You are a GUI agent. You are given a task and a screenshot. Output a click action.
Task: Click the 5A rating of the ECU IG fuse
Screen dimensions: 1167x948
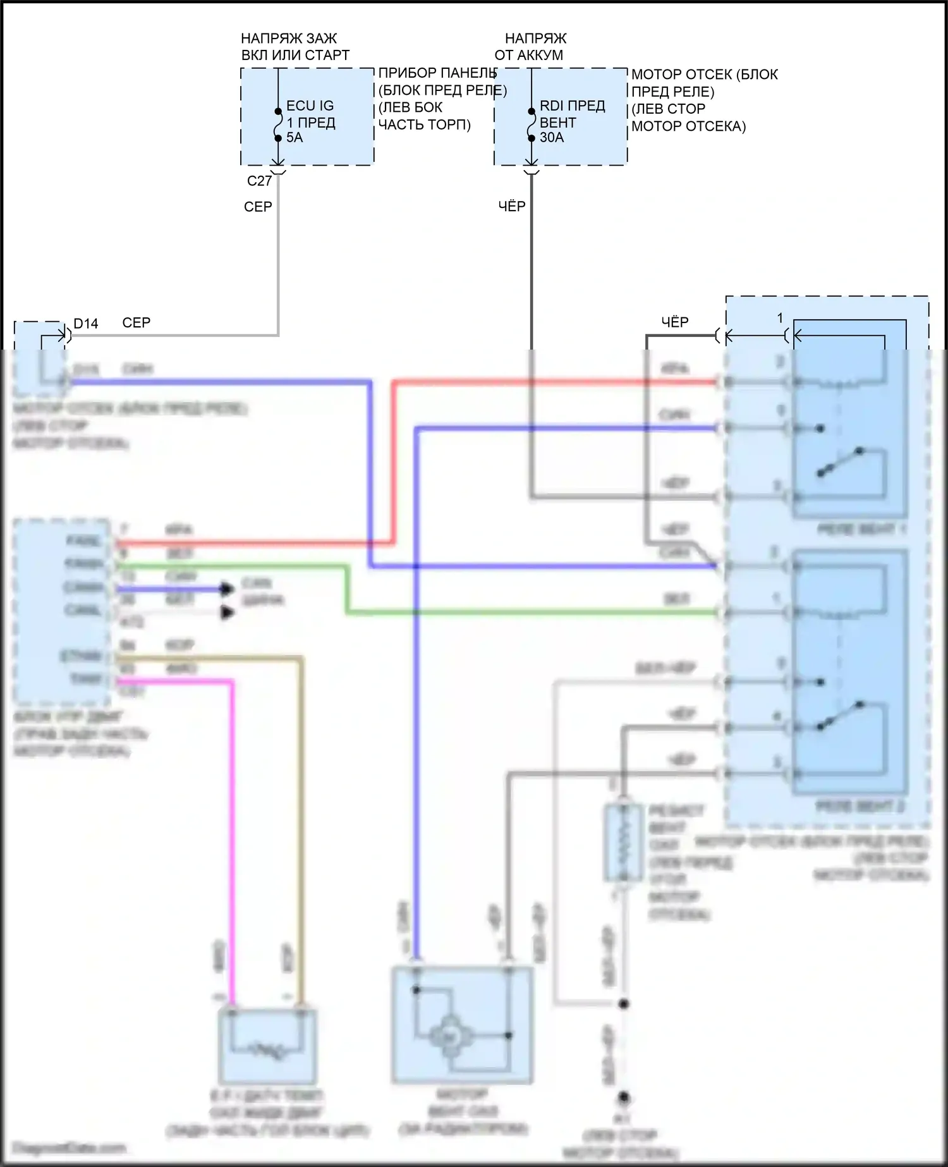click(295, 138)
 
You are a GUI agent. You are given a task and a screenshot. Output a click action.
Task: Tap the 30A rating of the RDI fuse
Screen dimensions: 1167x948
click(551, 138)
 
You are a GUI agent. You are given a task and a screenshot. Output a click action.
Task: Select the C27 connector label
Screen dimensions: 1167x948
click(259, 181)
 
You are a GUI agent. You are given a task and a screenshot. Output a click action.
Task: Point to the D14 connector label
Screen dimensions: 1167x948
click(86, 324)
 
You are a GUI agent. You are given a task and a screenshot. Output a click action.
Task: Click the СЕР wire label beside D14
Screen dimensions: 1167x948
click(136, 322)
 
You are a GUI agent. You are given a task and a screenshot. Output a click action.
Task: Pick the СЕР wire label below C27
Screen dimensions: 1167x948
click(258, 207)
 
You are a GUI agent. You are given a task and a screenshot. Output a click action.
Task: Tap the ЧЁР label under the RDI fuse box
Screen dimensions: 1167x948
click(511, 206)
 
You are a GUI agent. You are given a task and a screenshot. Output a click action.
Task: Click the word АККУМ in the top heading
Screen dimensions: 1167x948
click(538, 55)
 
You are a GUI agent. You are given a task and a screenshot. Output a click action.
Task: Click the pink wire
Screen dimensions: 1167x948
click(231, 822)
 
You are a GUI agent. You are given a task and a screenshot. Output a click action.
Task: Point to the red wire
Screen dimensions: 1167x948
click(392, 461)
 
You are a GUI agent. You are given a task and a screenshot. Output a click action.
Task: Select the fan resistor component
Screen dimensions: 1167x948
click(623, 843)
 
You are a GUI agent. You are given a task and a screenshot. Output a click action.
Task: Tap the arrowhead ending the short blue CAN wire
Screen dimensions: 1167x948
click(227, 589)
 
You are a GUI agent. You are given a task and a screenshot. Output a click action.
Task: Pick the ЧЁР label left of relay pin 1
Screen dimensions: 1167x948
click(674, 322)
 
